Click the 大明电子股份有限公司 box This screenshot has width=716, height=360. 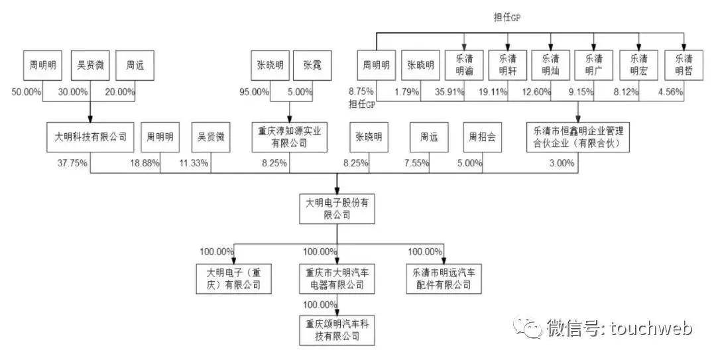tap(337, 209)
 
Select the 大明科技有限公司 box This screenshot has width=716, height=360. tap(90, 137)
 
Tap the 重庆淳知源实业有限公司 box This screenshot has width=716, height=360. tap(289, 137)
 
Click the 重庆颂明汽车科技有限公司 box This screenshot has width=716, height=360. tap(337, 330)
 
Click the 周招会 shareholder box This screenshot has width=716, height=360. tap(482, 137)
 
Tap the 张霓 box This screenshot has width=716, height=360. tap(312, 66)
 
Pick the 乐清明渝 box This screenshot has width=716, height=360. tap(464, 66)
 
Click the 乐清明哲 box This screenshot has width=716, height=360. tap(683, 66)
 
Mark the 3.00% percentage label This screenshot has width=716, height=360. tap(560, 162)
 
